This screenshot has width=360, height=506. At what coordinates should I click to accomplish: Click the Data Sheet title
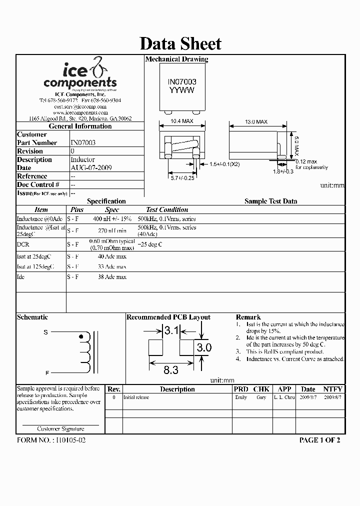tap(180, 43)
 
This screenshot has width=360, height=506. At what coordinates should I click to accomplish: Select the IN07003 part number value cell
tap(83, 142)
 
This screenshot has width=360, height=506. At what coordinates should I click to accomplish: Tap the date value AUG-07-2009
tap(91, 167)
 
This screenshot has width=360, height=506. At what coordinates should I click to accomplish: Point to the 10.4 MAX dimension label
tap(181, 121)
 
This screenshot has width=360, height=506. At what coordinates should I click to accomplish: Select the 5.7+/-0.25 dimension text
tap(182, 177)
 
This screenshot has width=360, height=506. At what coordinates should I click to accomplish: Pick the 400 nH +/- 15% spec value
tap(112, 219)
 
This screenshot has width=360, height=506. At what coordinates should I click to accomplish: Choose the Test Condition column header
tap(167, 210)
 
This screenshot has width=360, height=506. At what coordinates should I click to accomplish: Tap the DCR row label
tap(23, 244)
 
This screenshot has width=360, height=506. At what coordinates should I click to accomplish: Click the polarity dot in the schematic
tap(81, 337)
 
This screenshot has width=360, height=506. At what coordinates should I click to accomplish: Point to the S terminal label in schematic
tap(46, 332)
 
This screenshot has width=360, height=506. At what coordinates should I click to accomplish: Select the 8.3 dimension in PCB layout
tap(171, 370)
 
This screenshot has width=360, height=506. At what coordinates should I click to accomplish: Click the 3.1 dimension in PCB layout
tap(171, 330)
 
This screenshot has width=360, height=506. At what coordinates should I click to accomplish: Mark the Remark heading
tap(248, 317)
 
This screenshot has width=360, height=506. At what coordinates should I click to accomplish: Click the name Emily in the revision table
tap(240, 397)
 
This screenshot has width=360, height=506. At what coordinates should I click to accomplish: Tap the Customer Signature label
tap(60, 428)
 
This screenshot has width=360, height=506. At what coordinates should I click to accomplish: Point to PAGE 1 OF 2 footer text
tap(319, 440)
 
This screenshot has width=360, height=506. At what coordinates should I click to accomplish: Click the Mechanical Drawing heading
tap(176, 59)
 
